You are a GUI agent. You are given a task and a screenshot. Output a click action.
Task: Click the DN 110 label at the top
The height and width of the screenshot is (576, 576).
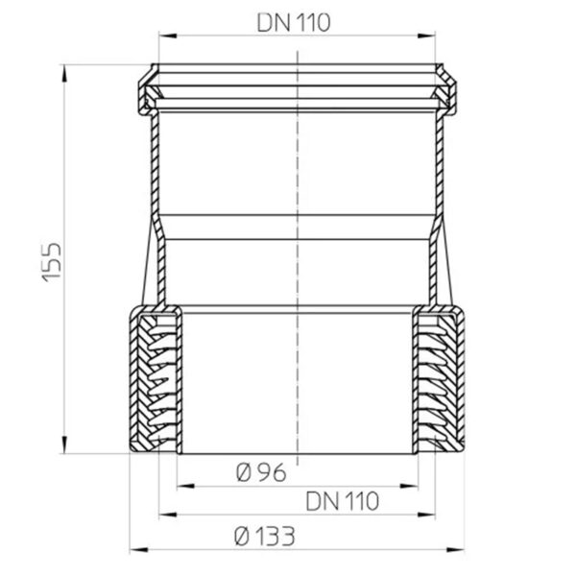294,23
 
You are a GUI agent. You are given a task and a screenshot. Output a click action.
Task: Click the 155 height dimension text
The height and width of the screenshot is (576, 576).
52,262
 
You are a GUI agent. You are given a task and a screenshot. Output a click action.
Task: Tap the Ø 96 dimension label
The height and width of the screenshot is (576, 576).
261,472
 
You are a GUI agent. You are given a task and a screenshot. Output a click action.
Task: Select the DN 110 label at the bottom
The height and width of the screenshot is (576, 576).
342,501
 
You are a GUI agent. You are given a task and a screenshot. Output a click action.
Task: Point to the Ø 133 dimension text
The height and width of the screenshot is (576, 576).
265,537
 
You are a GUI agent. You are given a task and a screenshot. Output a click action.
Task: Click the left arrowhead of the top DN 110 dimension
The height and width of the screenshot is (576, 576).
167,36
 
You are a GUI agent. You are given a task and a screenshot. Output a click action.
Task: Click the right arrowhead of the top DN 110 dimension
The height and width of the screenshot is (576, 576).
426,36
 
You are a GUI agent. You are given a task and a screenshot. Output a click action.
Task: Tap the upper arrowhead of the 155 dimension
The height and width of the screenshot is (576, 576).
64,73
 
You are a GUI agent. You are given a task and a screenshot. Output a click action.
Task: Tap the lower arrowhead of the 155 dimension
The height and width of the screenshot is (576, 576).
64,444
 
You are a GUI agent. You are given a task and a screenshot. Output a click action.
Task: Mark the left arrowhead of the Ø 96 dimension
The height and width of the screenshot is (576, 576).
186,486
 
